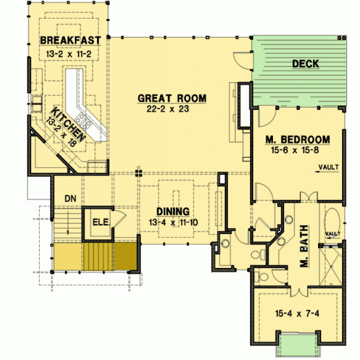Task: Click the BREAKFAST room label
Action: tap(70, 40)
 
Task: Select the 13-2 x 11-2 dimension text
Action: tap(68, 54)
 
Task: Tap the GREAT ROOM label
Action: tap(172, 98)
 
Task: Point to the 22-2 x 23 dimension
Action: tap(167, 108)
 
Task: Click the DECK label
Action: tap(305, 63)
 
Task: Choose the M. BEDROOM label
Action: tap(298, 139)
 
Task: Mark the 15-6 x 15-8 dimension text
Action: tap(295, 150)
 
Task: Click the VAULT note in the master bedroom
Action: tap(329, 167)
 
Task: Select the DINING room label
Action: tap(173, 211)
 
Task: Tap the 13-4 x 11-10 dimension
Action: tap(173, 222)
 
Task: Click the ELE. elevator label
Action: tap(101, 222)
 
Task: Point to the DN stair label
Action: tap(70, 198)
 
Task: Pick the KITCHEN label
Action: tap(68, 124)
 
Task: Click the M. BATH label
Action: tap(304, 246)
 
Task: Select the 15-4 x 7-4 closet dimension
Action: tap(297, 313)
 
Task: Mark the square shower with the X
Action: tap(330, 266)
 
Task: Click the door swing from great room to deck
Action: tap(241, 61)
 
